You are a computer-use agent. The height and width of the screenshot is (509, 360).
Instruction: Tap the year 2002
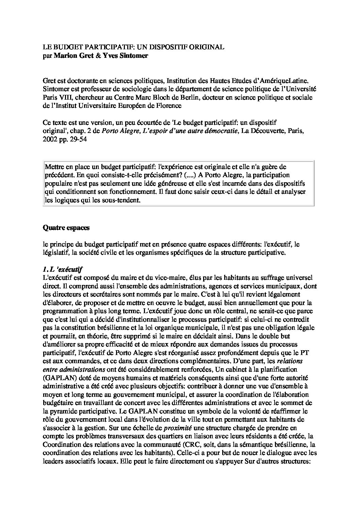tap(50, 139)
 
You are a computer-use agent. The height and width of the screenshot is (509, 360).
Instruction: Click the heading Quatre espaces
tap(66, 228)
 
